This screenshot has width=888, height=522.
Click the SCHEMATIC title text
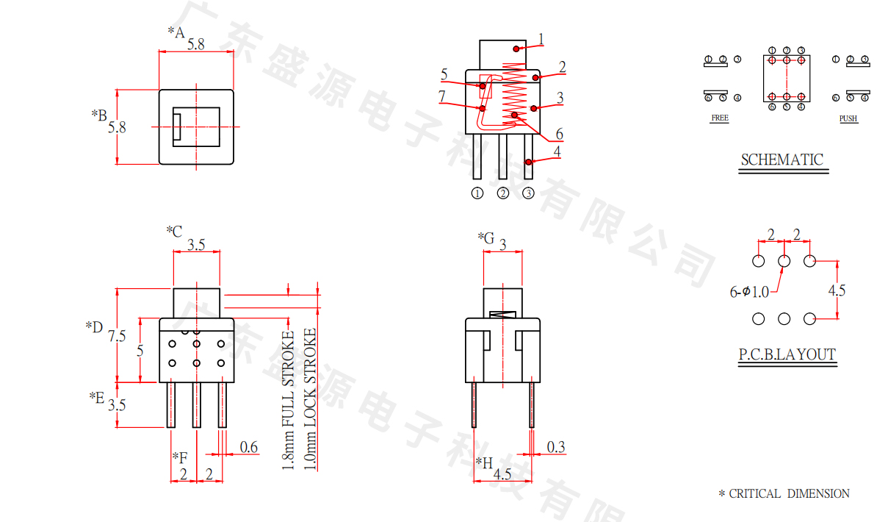781,160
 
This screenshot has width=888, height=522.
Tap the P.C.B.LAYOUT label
787,355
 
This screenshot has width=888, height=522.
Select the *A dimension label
176,32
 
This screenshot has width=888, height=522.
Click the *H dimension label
484,462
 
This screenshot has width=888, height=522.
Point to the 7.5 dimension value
117,336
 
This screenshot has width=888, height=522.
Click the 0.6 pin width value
249,447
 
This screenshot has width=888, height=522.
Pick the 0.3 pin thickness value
556,447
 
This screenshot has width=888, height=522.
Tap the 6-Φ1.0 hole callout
749,292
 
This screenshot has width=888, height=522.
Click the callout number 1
541,39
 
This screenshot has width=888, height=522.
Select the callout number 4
557,152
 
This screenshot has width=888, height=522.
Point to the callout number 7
441,96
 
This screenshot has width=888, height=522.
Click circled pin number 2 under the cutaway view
503,193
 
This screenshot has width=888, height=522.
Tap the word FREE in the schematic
720,118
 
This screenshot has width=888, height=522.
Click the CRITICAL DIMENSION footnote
784,493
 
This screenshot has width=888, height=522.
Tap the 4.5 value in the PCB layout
837,290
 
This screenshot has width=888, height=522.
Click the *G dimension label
485,237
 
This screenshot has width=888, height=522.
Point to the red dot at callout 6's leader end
515,115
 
